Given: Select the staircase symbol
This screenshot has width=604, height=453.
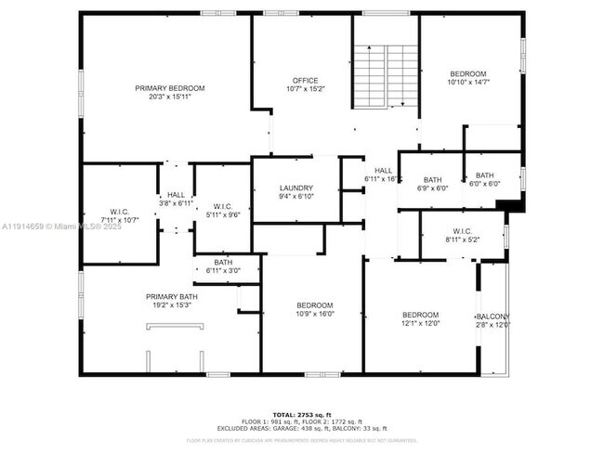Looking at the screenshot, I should coord(385,76).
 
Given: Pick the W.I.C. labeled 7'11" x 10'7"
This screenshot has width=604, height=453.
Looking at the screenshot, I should coord(120,215).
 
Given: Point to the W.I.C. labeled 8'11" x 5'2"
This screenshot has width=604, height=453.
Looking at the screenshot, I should coord(464,235).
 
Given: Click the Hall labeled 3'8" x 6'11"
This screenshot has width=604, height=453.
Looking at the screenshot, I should coord(176,199).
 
